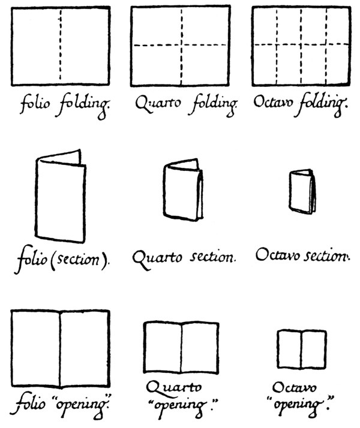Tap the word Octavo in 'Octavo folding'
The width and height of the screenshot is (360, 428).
pos(274,102)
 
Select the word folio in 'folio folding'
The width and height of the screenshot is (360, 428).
pos(35,104)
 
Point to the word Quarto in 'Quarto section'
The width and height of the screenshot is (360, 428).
pos(157,259)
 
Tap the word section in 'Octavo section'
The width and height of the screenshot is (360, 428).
pos(327,256)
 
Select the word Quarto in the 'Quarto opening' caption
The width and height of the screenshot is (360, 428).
pos(174,388)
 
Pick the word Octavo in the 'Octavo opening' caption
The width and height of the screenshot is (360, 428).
pos(294,388)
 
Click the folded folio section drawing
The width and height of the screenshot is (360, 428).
pos(61,196)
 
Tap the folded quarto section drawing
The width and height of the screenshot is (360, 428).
pos(183,189)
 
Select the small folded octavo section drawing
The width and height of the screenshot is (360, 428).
pos(302,192)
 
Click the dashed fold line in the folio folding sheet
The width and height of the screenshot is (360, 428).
pos(61,45)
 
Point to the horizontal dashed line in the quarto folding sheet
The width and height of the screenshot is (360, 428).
pos(180,45)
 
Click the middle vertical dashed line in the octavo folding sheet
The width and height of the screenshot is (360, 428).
pos(301,46)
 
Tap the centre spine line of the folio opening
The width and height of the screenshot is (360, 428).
pos(60,349)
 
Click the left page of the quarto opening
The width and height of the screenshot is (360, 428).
pos(163,348)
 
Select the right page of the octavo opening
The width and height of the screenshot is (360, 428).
pos(314,349)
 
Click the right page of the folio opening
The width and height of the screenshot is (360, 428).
pos(85,348)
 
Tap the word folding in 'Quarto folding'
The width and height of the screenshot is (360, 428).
pos(213,106)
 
